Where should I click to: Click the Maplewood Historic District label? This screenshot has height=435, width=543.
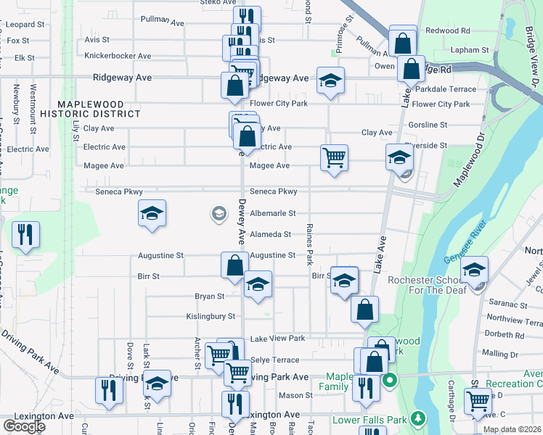[x=90, y=109]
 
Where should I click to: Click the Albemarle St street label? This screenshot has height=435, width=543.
[x=273, y=213]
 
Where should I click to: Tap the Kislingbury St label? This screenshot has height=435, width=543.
[x=211, y=316]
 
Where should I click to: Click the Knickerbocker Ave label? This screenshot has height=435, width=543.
[x=118, y=56]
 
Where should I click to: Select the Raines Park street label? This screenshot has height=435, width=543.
[x=309, y=244]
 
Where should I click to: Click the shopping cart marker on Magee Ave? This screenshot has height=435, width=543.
[x=334, y=157]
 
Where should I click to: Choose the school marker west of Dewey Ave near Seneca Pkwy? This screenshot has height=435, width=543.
[x=152, y=214]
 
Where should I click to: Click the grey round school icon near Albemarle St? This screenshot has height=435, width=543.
[x=218, y=213]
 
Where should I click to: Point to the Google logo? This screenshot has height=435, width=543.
[x=24, y=426]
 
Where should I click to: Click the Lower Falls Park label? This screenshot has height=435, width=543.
[x=369, y=420]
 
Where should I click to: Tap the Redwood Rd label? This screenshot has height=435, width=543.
[x=448, y=30]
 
